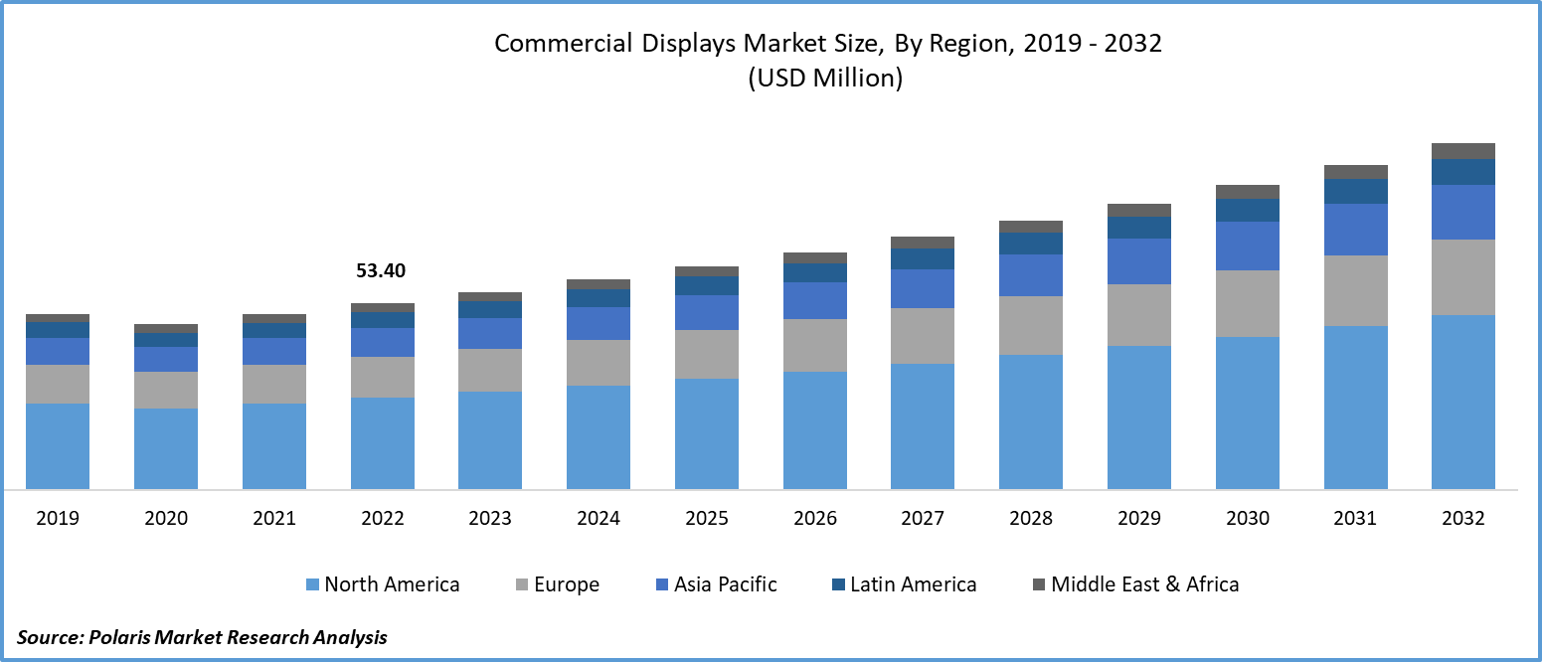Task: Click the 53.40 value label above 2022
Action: tap(382, 270)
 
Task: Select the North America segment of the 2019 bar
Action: tap(58, 445)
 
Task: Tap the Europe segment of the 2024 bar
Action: tap(599, 362)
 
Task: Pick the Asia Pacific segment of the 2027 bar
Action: tap(923, 288)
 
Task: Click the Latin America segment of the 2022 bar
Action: tap(383, 320)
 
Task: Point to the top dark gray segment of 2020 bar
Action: tap(166, 328)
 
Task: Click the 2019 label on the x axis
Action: tap(58, 518)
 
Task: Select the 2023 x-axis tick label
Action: tap(490, 518)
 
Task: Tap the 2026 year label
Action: tap(814, 518)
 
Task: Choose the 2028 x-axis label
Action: tap(1031, 518)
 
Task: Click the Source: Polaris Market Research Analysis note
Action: tap(202, 637)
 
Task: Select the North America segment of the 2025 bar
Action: tap(707, 433)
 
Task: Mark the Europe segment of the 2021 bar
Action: tap(274, 384)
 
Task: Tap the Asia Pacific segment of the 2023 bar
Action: tap(490, 333)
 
